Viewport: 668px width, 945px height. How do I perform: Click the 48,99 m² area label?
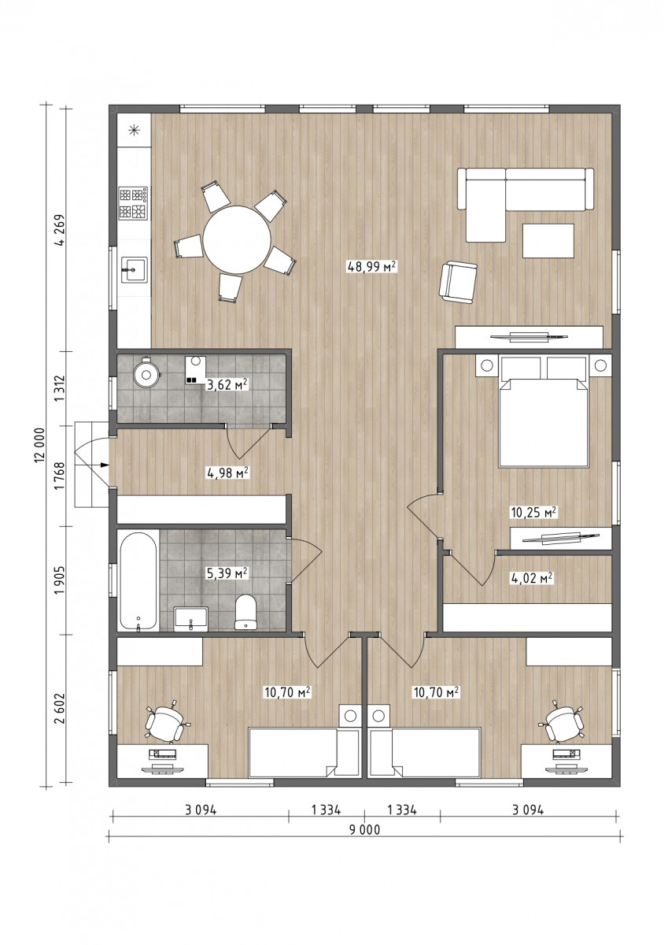(371, 267)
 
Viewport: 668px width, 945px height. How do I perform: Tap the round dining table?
(237, 239)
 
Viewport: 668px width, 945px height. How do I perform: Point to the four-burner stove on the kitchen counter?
(133, 203)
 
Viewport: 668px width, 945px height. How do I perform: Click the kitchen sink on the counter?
(135, 270)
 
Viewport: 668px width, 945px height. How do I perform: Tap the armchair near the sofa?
(458, 282)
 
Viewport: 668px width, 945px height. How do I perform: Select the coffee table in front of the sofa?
(548, 240)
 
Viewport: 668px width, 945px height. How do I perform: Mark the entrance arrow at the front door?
(105, 465)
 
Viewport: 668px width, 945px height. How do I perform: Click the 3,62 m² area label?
(227, 384)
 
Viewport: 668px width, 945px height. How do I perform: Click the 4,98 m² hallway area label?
(227, 472)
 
